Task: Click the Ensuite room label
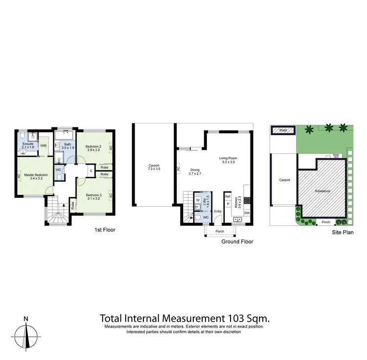[x=28, y=144]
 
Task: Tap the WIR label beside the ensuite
[x=43, y=145]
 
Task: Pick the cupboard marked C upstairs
[x=92, y=170]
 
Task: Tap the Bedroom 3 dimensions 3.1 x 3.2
[x=93, y=198]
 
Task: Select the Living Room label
[x=228, y=158]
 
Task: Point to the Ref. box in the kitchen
[x=228, y=196]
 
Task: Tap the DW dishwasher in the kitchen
[x=247, y=213]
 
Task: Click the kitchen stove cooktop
[x=247, y=200]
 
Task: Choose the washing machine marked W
[x=197, y=200]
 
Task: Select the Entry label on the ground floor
[x=218, y=212]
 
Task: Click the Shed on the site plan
[x=283, y=131]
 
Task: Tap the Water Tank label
[x=337, y=155]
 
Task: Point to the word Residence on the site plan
[x=322, y=191]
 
